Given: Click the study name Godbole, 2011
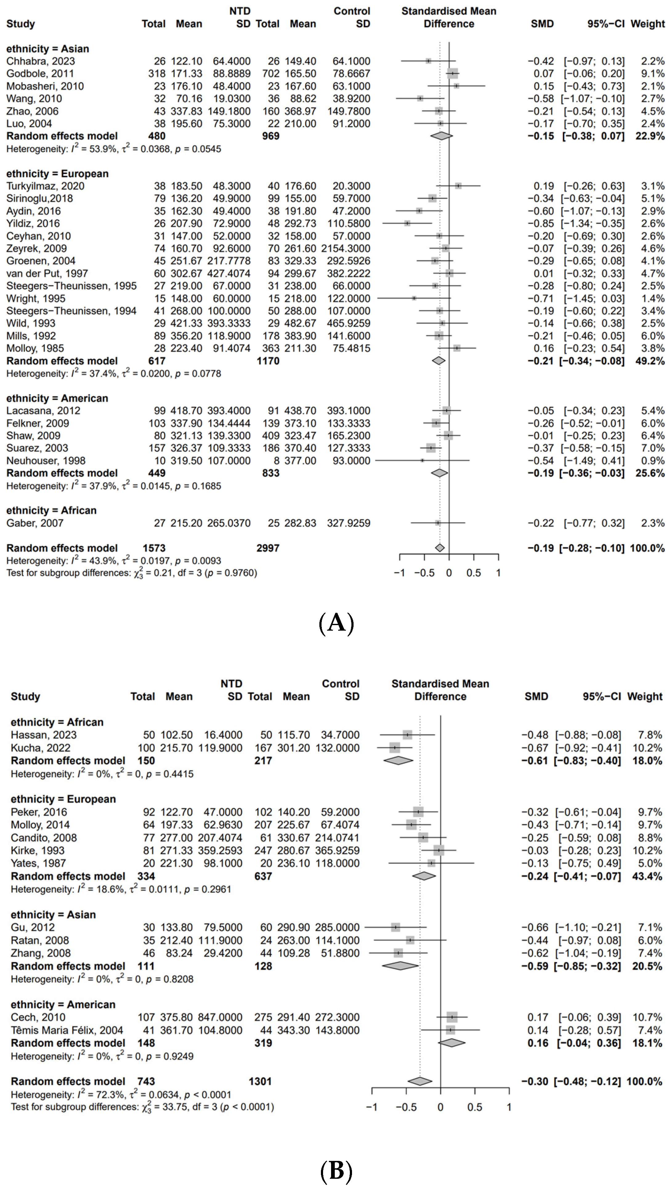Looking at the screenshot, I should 40,73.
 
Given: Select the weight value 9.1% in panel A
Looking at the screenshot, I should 653,73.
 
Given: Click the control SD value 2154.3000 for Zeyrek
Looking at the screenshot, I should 346,248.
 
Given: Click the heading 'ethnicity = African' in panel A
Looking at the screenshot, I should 51,510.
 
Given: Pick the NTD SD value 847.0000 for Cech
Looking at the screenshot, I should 223,1017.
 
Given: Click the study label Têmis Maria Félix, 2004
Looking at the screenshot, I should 67,1030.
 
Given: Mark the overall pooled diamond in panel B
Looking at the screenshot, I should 420,1081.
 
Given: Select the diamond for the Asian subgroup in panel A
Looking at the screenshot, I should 441,136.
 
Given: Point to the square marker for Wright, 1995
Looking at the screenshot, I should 414,298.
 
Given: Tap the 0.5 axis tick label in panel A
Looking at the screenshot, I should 474,573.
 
